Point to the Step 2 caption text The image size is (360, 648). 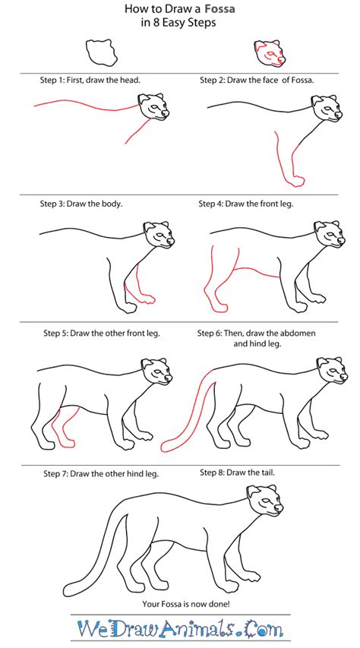pos(257,79)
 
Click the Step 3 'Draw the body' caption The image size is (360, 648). pos(81,204)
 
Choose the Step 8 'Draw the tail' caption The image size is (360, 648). pos(237,472)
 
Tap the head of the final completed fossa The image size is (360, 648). pos(267,505)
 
